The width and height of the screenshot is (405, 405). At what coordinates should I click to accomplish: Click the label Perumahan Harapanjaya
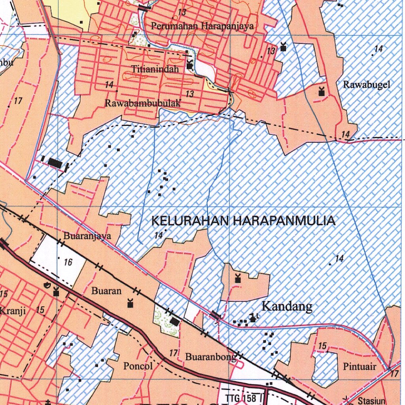coord(202,26)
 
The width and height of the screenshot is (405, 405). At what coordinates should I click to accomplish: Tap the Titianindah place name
coord(155,69)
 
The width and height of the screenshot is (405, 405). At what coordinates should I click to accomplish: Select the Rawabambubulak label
coord(143,103)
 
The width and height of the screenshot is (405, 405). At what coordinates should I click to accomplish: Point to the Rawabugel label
coord(366,84)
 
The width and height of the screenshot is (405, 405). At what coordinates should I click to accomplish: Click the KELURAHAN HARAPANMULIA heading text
coord(243,221)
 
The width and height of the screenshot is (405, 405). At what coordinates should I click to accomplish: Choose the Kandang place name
coord(287,306)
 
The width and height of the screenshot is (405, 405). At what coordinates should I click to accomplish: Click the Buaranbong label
coord(210,357)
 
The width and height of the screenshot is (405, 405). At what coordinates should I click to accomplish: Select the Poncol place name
coord(138,366)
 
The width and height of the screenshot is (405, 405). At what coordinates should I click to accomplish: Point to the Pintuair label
coord(360,367)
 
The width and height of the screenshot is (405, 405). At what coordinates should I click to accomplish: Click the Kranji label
coord(13,310)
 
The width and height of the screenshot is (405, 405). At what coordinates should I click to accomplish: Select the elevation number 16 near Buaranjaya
coord(68,262)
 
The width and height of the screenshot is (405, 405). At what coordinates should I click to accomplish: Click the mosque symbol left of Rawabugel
coord(322,92)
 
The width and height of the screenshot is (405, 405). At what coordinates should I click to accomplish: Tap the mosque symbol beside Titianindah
coord(190,65)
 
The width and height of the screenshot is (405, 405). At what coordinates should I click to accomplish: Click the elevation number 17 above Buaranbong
coord(173,353)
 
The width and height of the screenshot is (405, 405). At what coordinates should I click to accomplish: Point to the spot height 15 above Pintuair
coord(322,346)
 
